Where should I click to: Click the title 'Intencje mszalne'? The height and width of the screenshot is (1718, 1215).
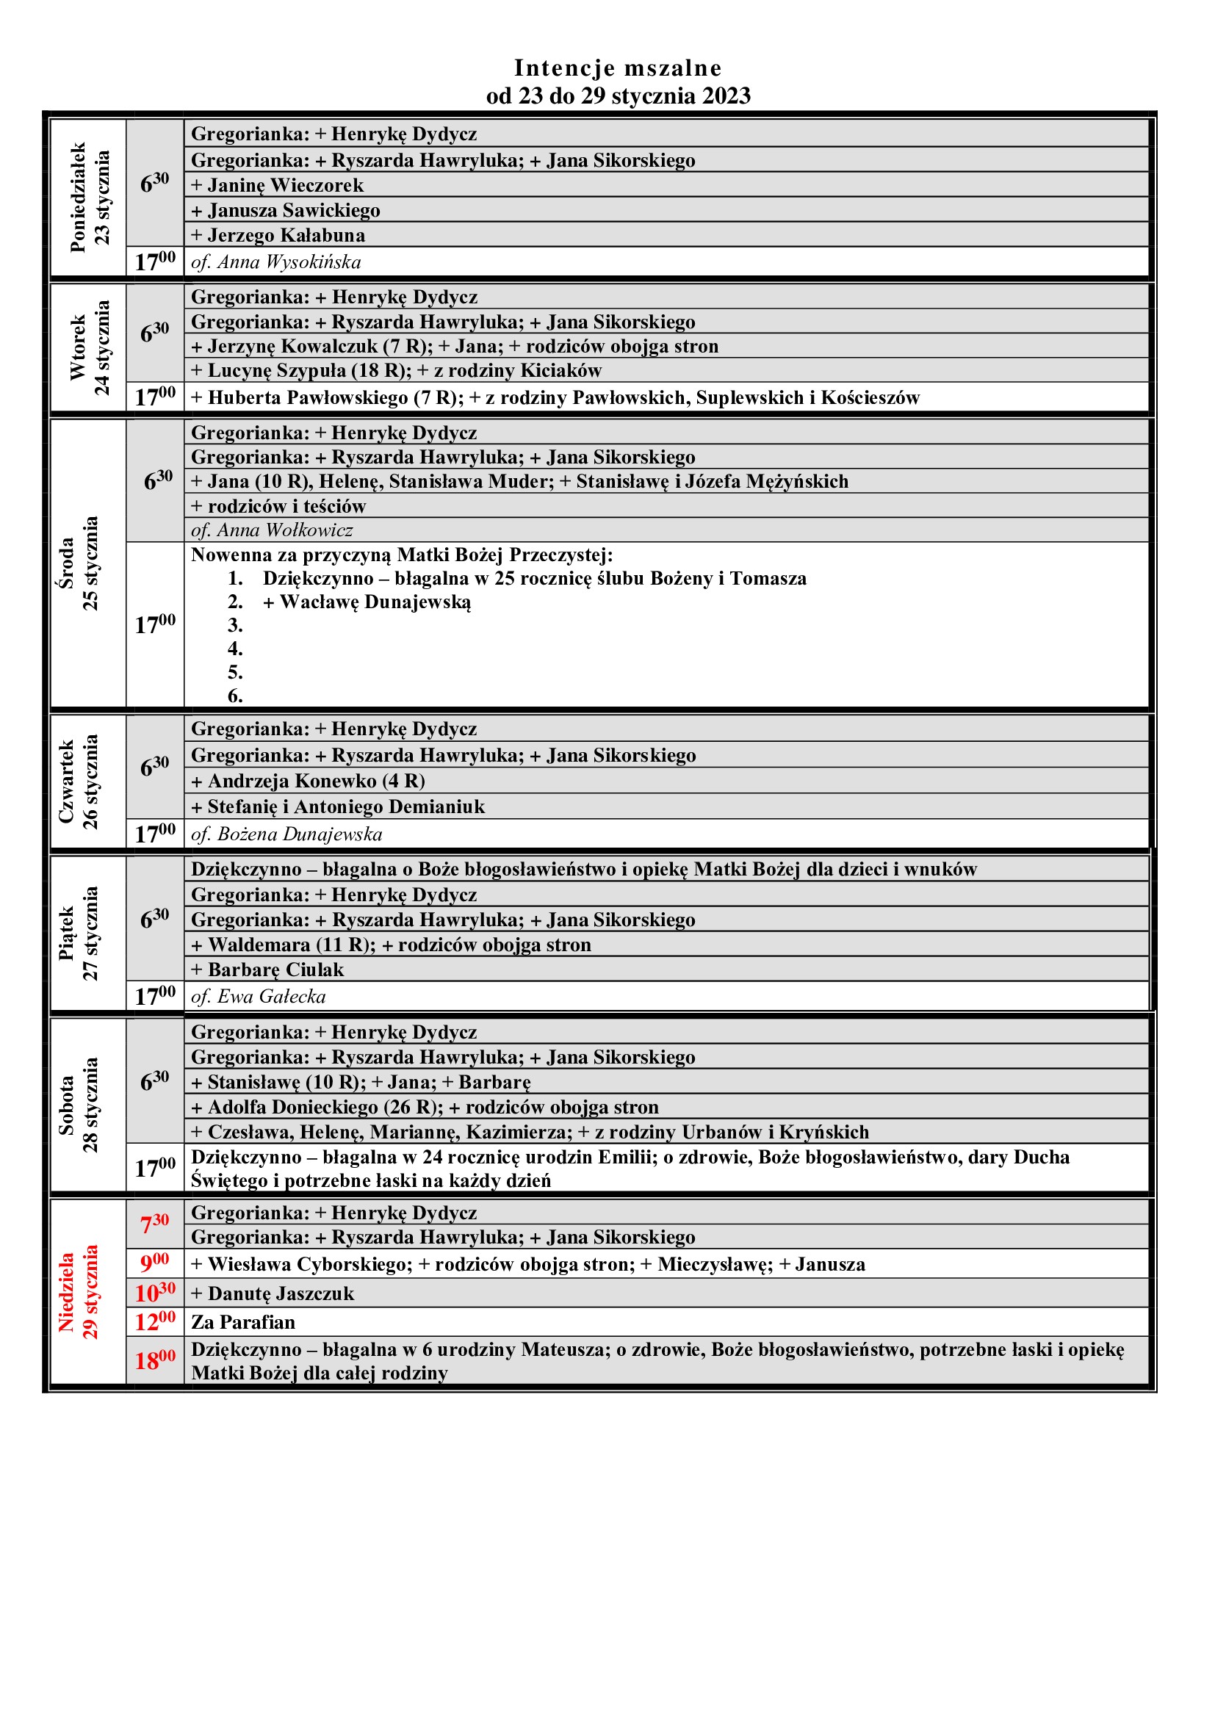pos(617,68)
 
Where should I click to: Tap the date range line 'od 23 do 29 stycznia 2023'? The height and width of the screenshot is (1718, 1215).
pos(617,95)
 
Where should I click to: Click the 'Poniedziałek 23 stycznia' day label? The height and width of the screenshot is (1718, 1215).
pos(89,198)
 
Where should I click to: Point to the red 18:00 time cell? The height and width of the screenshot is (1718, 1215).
pos(155,1360)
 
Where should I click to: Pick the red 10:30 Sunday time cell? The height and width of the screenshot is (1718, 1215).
pos(155,1292)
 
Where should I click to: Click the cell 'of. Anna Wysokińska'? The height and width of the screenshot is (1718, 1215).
pos(276,262)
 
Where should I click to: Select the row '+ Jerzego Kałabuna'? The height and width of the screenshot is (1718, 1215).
pos(278,235)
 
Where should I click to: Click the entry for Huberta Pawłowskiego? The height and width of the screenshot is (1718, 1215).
pos(555,397)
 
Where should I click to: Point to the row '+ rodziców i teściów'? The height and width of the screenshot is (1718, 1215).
pos(278,506)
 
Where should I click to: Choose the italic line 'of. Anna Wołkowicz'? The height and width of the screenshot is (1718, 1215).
pos(272,530)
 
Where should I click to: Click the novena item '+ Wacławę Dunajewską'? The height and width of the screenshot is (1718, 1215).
pos(367,602)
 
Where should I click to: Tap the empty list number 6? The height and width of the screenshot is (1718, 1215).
pos(235,696)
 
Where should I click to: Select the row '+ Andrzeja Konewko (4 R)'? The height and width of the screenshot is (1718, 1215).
pos(309,781)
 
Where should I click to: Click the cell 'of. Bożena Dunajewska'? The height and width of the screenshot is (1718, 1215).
pos(286,834)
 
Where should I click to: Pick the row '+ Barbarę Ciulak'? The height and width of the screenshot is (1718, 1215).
pos(267,969)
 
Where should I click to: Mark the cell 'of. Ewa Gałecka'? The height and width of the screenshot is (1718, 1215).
pos(258,996)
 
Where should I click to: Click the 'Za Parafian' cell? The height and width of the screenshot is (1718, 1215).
pos(243,1321)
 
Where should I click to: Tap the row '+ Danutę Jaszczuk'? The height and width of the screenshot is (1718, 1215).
pos(273,1293)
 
